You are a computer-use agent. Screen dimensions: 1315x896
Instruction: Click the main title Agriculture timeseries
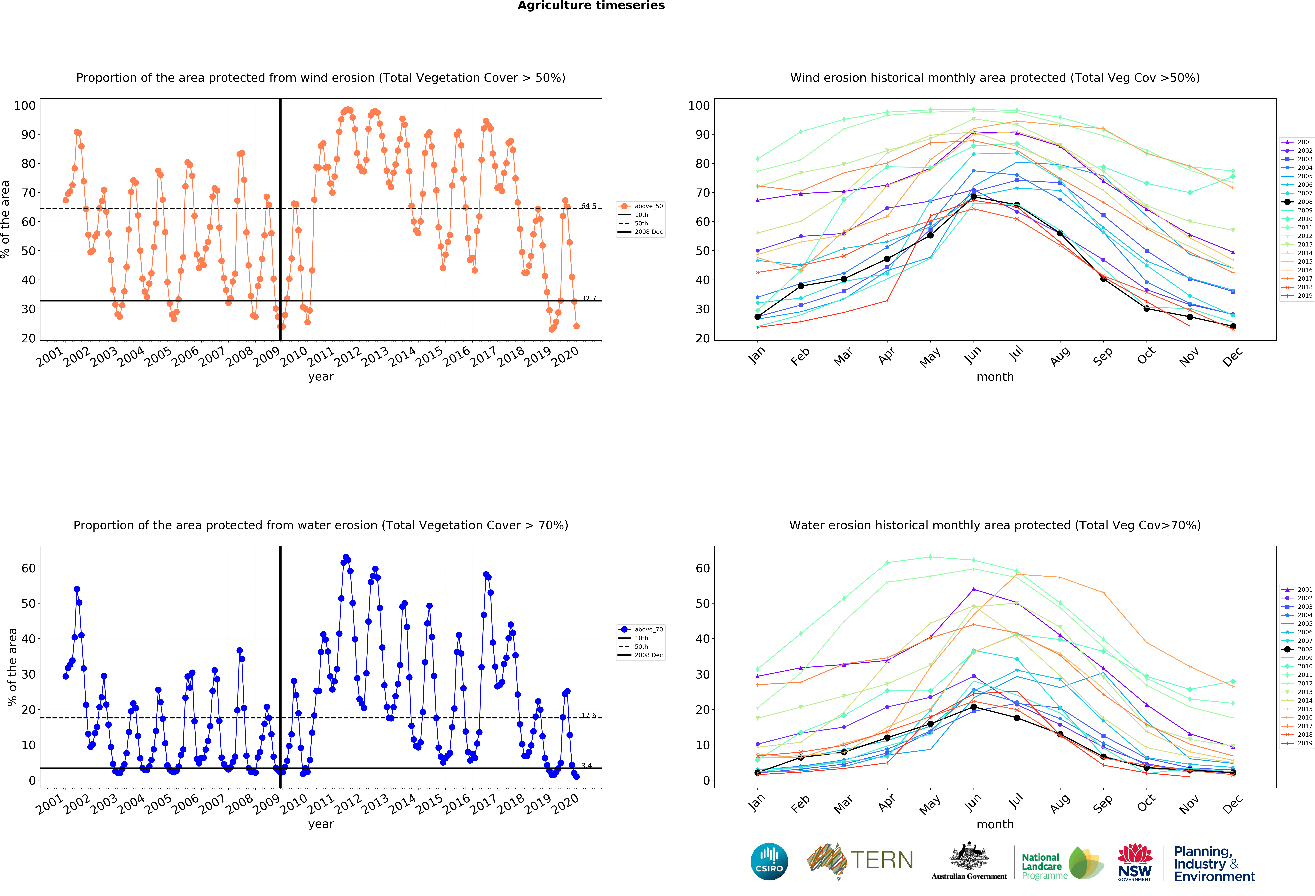pos(591,6)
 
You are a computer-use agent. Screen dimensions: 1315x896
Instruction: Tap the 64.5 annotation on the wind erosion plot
pos(588,206)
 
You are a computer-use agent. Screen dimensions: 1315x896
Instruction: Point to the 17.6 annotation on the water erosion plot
pos(588,716)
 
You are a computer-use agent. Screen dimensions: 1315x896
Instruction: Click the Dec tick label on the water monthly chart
pos(1232,803)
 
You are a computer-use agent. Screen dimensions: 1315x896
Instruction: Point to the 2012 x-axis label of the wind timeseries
pos(347,356)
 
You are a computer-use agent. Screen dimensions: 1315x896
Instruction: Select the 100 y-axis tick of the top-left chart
pos(25,105)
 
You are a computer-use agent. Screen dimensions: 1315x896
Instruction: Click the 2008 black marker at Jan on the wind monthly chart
pos(758,317)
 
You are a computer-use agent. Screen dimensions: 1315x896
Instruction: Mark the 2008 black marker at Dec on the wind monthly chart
pos(1233,326)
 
